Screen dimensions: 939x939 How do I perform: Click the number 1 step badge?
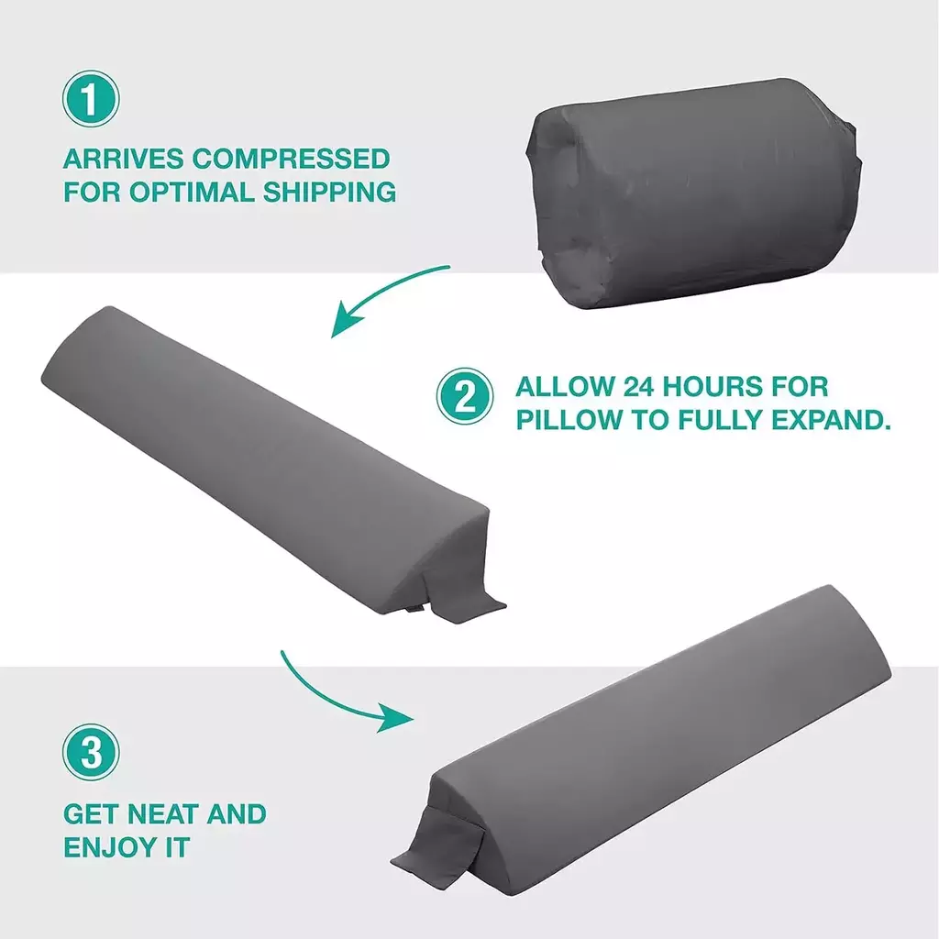(x=91, y=99)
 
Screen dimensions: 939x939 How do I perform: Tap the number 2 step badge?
(x=465, y=396)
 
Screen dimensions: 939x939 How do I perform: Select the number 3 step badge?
(x=91, y=752)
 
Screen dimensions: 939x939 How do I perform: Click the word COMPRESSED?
(x=291, y=159)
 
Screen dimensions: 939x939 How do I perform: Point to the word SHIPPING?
(x=329, y=193)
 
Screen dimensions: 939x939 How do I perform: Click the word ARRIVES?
(x=124, y=159)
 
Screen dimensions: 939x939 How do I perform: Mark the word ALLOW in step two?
(x=565, y=387)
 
